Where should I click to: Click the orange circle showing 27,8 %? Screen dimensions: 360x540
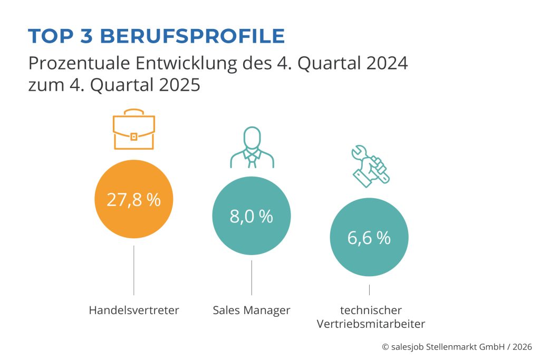tap(133, 200)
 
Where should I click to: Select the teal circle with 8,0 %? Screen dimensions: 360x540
tap(251, 216)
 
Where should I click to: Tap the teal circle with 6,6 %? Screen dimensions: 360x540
tap(369, 238)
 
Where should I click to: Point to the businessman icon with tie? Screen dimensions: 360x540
tap(252, 147)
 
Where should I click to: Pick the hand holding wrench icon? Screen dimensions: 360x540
tap(370, 165)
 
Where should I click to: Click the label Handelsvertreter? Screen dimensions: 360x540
tap(134, 310)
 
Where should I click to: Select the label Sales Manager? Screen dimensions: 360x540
tap(252, 310)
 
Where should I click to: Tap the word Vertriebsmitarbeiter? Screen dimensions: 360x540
tap(371, 324)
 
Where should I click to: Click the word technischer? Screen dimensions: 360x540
tap(371, 310)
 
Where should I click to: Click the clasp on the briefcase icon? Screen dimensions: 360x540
tap(133, 137)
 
